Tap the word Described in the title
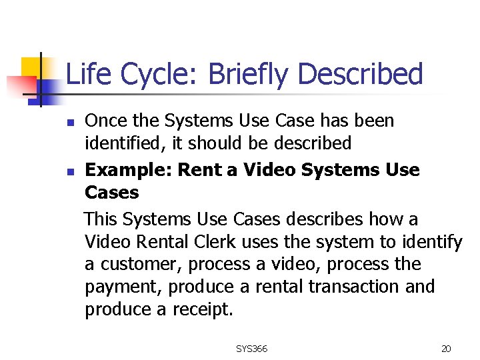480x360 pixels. [361, 74]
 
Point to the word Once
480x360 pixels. [105, 121]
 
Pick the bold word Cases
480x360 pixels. [111, 193]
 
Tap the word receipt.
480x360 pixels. [204, 310]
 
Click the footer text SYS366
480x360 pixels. [251, 349]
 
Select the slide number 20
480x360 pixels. [446, 349]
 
